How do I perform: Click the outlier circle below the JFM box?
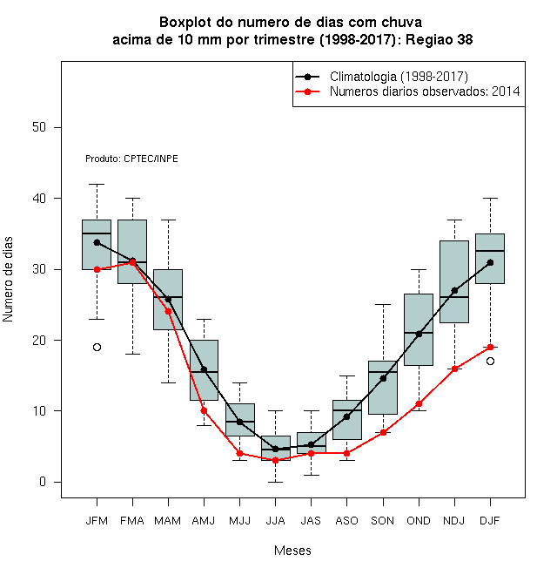click(x=97, y=347)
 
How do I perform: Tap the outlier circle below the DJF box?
click(x=490, y=362)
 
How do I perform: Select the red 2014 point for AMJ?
click(x=204, y=410)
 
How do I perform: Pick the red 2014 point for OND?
click(x=419, y=403)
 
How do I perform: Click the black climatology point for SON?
click(x=383, y=378)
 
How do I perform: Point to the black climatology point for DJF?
click(x=490, y=262)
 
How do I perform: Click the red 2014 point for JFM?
click(x=97, y=269)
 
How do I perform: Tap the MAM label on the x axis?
click(x=167, y=521)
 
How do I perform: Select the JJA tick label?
click(x=275, y=521)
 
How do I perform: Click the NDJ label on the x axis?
click(x=454, y=521)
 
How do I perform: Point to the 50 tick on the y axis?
click(x=39, y=127)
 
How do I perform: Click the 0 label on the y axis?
click(x=43, y=482)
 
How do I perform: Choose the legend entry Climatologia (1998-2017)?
click(x=399, y=77)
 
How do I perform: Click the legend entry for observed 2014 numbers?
click(x=425, y=91)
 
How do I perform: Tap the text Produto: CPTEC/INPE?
click(x=131, y=159)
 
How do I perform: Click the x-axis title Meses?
click(x=292, y=551)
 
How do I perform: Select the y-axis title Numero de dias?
click(x=8, y=280)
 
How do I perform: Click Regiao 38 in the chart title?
click(x=439, y=39)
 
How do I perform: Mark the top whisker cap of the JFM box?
click(x=97, y=184)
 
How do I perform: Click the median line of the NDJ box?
click(x=454, y=297)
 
